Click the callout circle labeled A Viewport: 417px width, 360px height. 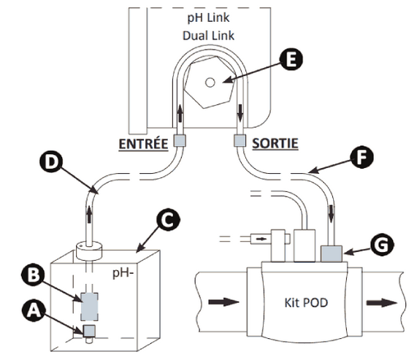click(34, 310)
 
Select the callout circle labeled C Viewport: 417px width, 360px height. click(168, 219)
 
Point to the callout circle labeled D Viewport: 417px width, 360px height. click(51, 161)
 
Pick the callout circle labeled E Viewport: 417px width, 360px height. click(291, 59)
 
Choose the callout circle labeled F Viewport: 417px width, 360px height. click(361, 157)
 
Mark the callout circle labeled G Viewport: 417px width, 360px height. click(382, 245)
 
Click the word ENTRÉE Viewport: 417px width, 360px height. click(143, 144)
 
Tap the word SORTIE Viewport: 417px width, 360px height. click(275, 143)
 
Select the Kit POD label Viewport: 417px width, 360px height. click(306, 302)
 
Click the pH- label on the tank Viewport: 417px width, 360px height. click(123, 273)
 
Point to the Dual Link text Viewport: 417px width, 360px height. click(209, 36)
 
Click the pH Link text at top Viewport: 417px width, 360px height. click(209, 18)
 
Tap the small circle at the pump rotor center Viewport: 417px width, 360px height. click(210, 83)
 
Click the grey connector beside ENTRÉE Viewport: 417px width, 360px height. click(180, 140)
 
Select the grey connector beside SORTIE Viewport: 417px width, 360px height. click(240, 140)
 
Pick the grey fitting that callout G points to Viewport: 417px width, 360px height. click(332, 253)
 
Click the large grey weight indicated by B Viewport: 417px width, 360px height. click(89, 307)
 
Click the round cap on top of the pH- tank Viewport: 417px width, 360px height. click(89, 250)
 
